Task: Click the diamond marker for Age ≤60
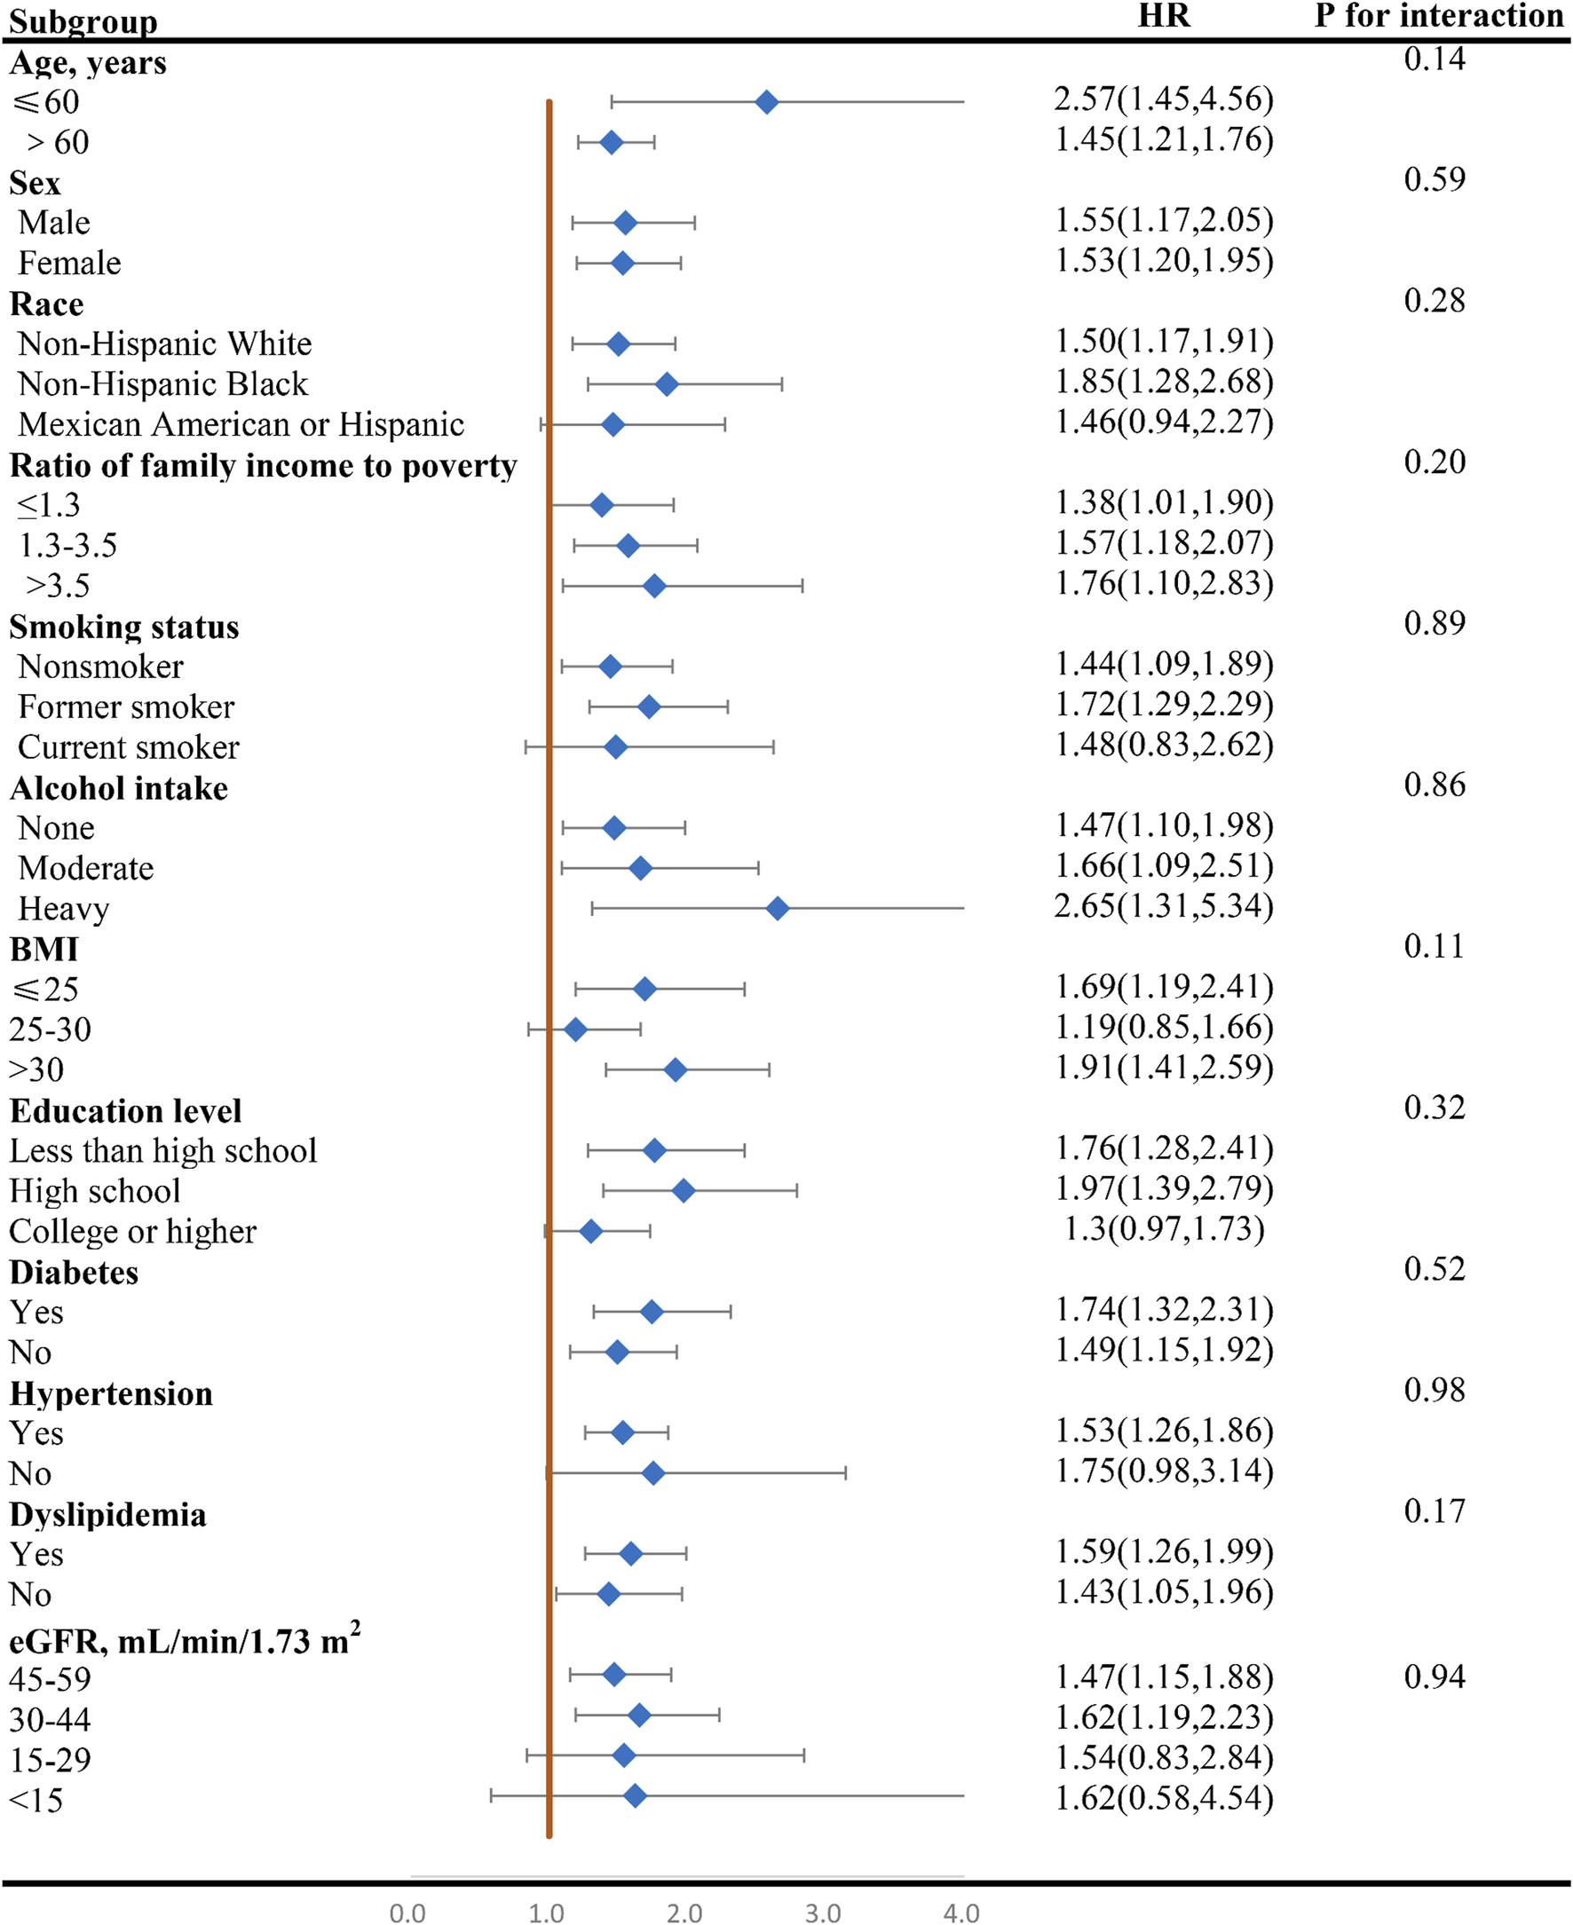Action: tap(766, 102)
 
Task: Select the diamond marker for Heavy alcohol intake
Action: tap(777, 909)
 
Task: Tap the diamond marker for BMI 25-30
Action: tap(574, 1030)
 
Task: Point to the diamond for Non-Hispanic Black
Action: tap(666, 384)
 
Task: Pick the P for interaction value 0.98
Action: tap(1434, 1390)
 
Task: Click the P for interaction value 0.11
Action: tap(1434, 946)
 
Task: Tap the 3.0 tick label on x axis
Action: tap(822, 1913)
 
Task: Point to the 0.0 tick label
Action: tap(407, 1913)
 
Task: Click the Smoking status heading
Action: tap(124, 627)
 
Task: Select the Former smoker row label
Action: tap(126, 706)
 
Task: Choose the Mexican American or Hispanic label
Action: tap(241, 424)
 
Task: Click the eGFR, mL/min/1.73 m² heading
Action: tap(184, 1640)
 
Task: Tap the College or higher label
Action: tap(132, 1231)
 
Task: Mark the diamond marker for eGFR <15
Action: tap(635, 1795)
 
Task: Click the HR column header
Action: tap(1164, 16)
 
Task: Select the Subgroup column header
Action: tap(83, 20)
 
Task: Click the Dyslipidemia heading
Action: tap(107, 1515)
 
